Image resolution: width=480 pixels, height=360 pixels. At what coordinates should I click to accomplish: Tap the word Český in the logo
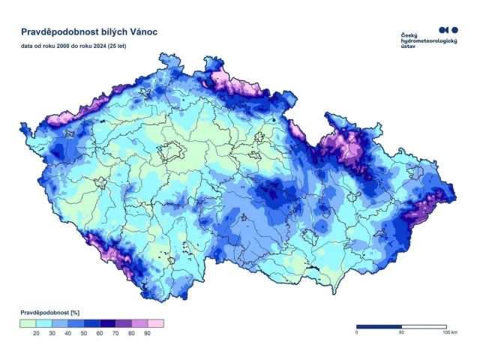[409, 34]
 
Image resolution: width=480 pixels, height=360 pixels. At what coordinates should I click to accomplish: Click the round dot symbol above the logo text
[454, 29]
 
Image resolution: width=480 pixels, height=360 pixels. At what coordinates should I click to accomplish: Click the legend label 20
[36, 332]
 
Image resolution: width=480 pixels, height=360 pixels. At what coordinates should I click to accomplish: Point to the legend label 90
[147, 332]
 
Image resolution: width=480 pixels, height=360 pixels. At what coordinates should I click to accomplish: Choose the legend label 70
[115, 332]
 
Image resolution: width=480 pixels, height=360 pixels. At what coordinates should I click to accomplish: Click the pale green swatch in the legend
[28, 323]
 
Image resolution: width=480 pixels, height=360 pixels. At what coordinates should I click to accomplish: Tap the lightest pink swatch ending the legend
[155, 323]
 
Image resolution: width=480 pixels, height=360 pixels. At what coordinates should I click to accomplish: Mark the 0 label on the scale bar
[357, 332]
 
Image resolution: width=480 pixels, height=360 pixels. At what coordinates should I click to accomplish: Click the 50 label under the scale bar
[401, 332]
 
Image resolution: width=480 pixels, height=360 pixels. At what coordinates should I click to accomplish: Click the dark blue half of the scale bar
[379, 326]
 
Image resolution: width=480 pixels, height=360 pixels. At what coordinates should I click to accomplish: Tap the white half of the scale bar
[424, 326]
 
